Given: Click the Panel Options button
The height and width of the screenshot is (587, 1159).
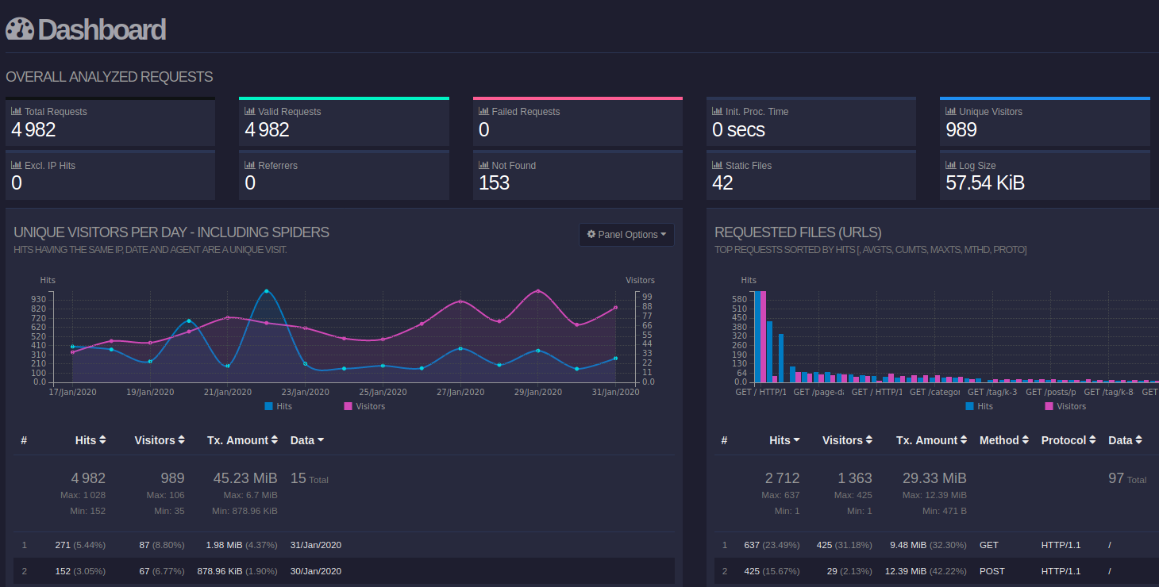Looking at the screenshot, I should (x=626, y=235).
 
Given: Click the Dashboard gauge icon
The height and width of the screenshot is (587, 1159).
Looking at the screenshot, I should (x=20, y=29).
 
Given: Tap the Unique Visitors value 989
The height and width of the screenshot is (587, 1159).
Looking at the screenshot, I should (x=961, y=130).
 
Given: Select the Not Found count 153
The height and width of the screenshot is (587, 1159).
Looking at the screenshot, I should (x=494, y=183).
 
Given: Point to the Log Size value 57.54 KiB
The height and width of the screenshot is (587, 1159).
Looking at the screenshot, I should (x=985, y=183).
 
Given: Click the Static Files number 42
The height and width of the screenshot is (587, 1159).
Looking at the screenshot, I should (x=722, y=183).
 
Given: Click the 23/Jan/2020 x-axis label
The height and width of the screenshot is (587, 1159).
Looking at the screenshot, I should (x=305, y=392).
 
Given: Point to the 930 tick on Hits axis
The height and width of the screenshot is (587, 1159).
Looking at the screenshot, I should (x=38, y=299).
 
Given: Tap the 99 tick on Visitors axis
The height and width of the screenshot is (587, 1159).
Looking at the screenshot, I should (x=647, y=297).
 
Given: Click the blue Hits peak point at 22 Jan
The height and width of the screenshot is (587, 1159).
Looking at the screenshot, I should (x=266, y=291).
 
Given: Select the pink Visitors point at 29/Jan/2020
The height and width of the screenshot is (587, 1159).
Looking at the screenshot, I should (x=538, y=291).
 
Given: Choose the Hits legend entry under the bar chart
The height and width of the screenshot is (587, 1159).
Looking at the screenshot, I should (x=979, y=406).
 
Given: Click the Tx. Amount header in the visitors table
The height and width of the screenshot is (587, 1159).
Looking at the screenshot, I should (x=242, y=440).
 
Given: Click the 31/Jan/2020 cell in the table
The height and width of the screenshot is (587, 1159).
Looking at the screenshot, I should (x=316, y=545).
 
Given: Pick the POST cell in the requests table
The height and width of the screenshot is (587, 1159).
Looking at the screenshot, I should (x=992, y=571).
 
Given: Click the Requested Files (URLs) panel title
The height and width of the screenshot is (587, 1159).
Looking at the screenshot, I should (x=798, y=232).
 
